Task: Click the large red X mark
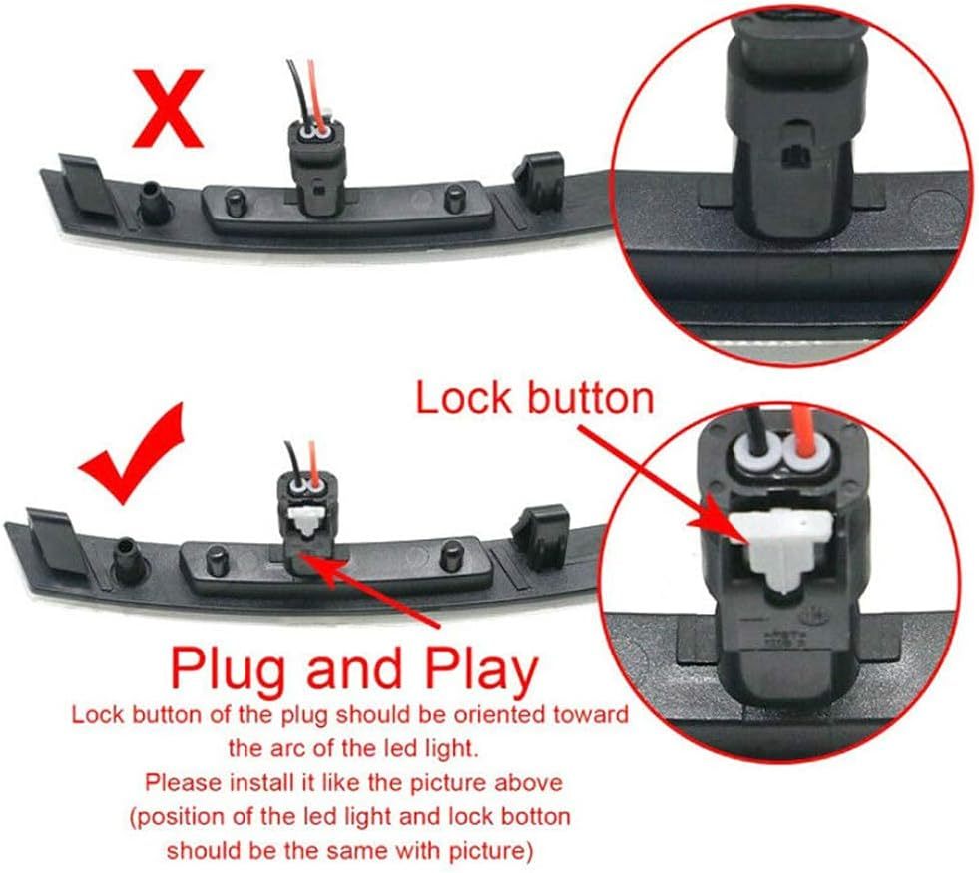(168, 108)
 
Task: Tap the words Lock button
(534, 398)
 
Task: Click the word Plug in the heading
(231, 668)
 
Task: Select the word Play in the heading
(481, 668)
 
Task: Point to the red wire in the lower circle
(804, 432)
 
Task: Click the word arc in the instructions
(284, 748)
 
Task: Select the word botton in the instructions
(536, 816)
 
